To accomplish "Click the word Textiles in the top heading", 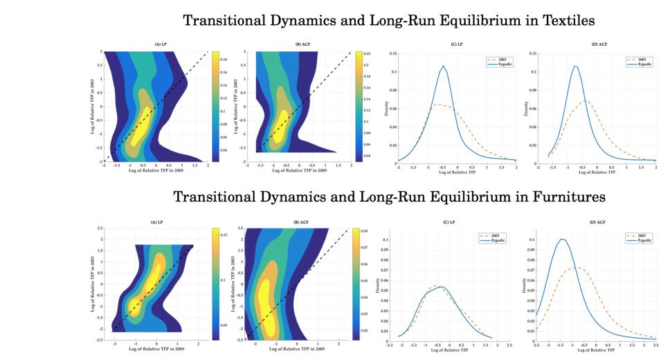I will [x=561, y=20].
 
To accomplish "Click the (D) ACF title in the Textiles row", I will [x=597, y=44].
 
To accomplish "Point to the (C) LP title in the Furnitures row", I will [x=446, y=224].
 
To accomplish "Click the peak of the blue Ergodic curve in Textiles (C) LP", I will [x=442, y=66].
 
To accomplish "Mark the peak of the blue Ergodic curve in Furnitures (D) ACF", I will [x=562, y=240].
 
